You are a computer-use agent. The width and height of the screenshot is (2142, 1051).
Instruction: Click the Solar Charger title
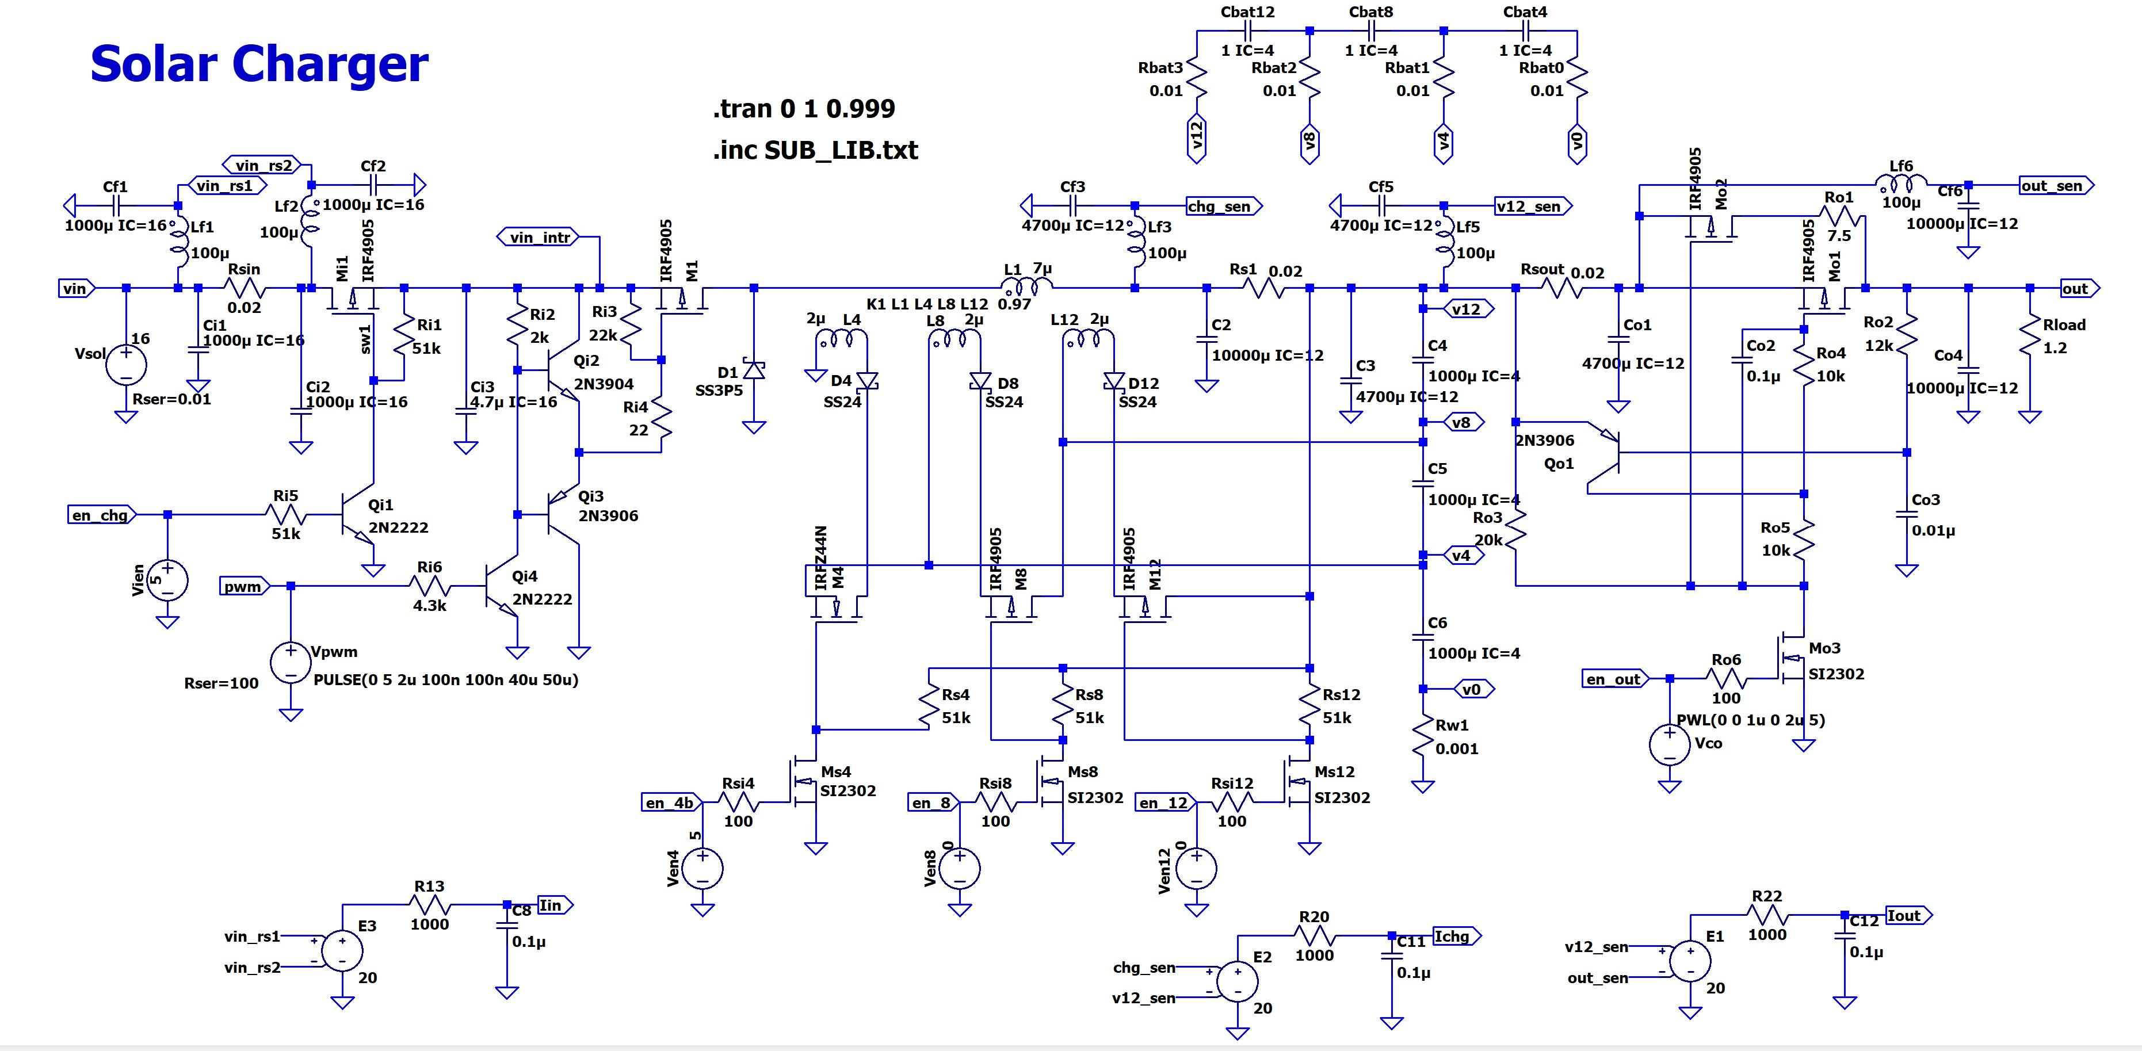[x=258, y=63]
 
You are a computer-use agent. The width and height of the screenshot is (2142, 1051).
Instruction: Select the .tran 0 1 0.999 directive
[x=803, y=109]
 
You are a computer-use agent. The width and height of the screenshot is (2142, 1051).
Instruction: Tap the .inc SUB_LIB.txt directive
[x=815, y=151]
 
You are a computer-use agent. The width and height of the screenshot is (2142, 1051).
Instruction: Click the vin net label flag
[x=77, y=289]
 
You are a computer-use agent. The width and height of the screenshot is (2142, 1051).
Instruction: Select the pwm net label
[x=243, y=586]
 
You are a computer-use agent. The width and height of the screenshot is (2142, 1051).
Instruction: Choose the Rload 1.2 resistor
[x=2030, y=337]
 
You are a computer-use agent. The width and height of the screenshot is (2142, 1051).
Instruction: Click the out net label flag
[x=2079, y=289]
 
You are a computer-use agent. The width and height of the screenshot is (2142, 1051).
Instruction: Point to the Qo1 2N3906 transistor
[x=1609, y=453]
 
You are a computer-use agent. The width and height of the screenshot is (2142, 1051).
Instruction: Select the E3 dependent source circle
[x=342, y=950]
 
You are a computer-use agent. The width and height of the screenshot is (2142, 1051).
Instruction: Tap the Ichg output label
[x=1455, y=937]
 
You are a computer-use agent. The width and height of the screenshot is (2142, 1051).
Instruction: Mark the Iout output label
[x=1907, y=915]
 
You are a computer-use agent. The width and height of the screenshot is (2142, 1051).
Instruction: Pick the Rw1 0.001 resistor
[x=1423, y=737]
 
